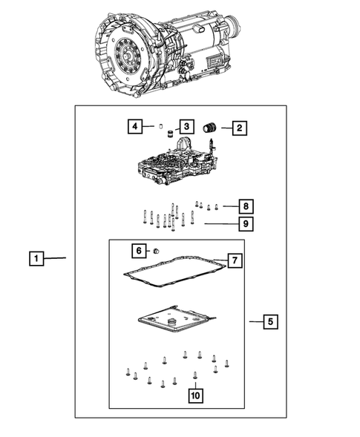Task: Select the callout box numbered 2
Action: [238, 128]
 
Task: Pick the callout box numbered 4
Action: [134, 127]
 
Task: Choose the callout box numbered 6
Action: [138, 249]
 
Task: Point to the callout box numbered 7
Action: [234, 260]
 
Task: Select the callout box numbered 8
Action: [246, 206]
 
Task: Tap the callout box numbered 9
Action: [246, 222]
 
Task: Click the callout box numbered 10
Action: [194, 396]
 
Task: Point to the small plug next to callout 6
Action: [157, 251]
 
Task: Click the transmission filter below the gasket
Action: [174, 325]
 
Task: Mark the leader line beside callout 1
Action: [58, 259]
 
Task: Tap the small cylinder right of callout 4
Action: [159, 126]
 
